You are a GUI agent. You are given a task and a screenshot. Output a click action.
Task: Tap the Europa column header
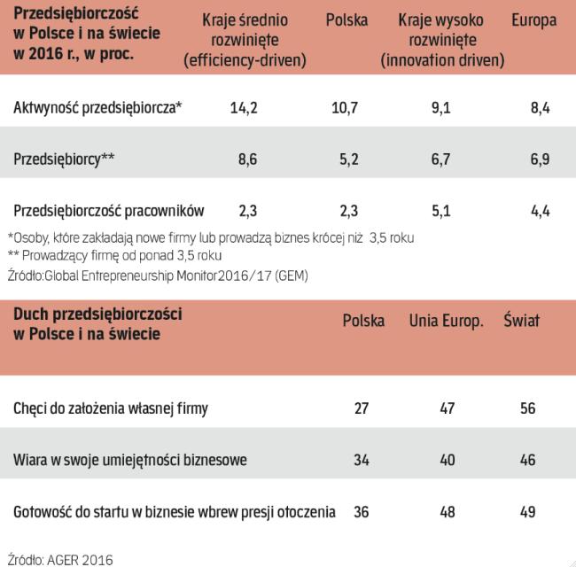click(534, 21)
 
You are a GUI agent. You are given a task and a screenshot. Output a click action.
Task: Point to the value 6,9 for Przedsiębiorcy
click(539, 160)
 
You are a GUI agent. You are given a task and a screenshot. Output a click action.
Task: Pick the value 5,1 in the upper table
click(440, 211)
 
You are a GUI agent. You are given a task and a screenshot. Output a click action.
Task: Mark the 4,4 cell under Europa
click(539, 211)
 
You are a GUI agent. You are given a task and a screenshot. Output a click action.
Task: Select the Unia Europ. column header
click(446, 320)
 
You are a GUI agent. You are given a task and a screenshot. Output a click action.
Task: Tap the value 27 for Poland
click(362, 409)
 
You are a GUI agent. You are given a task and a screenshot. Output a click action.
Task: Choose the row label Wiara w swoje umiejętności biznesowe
click(130, 461)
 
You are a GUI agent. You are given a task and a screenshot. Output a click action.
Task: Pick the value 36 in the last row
click(362, 512)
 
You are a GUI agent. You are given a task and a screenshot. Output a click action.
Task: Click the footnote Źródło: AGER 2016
click(59, 558)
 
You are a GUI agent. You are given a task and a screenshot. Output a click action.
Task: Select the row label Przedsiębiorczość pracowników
click(109, 211)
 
